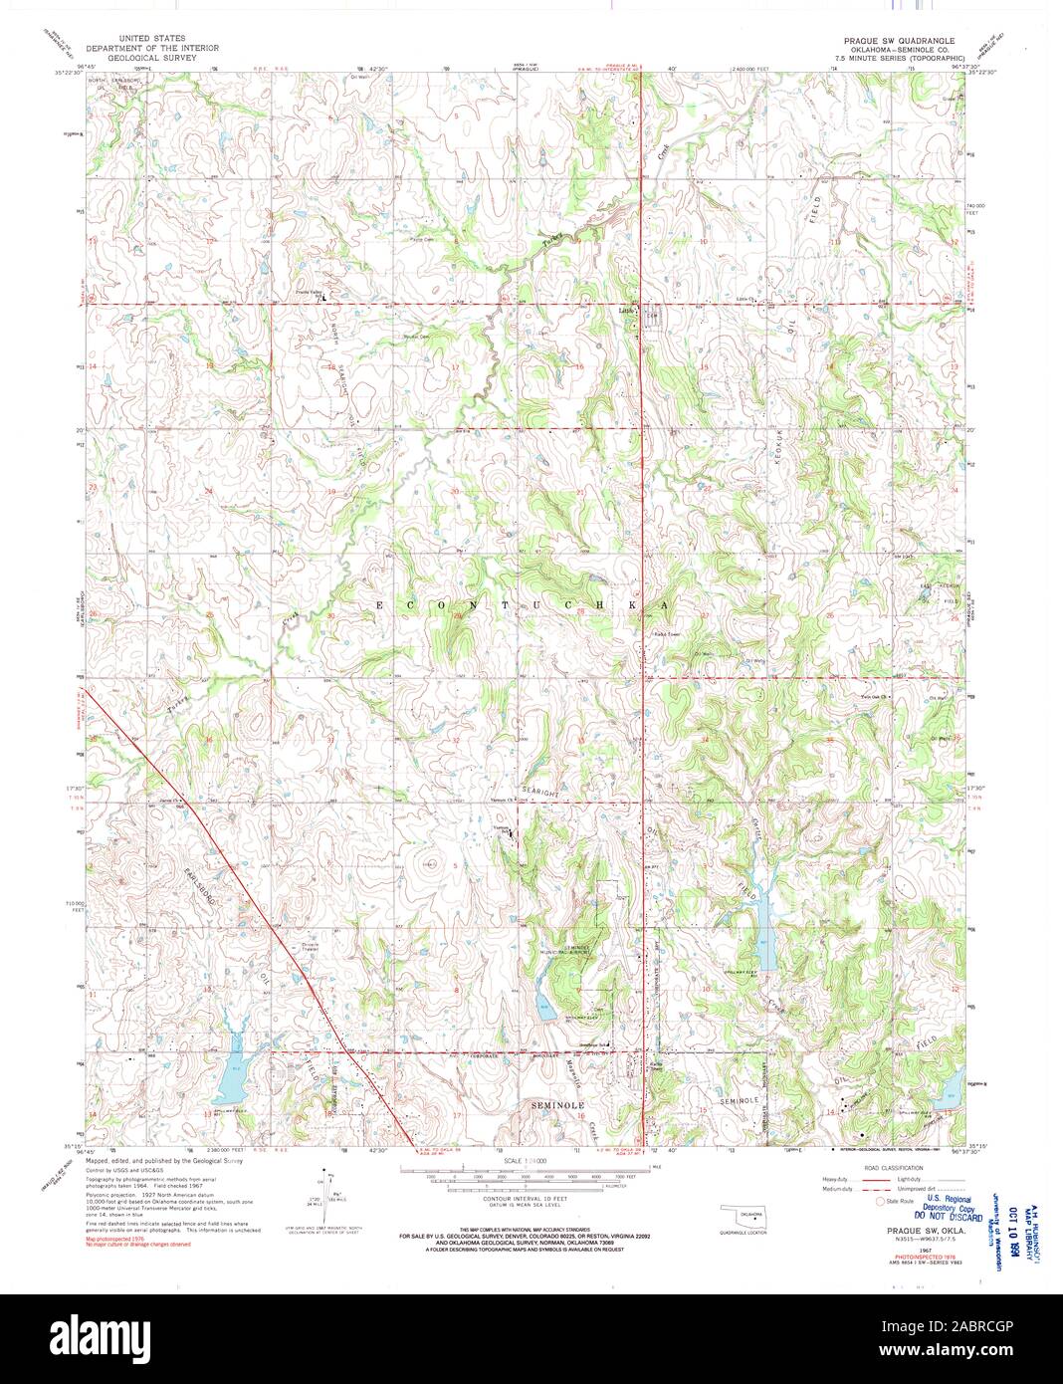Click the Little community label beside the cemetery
coord(626,309)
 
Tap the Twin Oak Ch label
coord(872,696)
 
